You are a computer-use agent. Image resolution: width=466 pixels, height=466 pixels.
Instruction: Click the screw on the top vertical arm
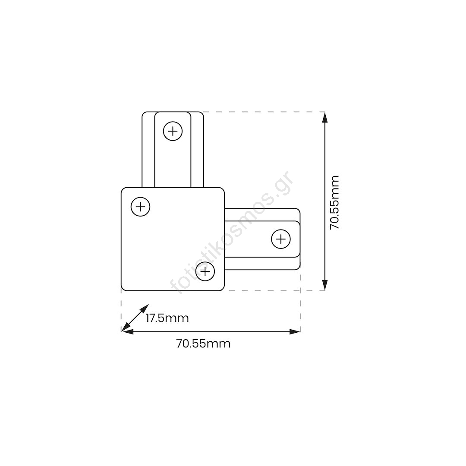[173, 131]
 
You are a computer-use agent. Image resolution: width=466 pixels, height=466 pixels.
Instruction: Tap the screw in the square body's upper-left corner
[140, 207]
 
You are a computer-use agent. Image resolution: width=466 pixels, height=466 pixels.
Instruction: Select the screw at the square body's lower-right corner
[205, 271]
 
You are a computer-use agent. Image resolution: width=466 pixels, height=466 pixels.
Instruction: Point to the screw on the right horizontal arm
[281, 239]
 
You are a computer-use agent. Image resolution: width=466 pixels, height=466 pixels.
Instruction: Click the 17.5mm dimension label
[167, 318]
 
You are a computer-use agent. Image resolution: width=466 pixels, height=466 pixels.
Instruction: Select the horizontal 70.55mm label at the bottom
[204, 344]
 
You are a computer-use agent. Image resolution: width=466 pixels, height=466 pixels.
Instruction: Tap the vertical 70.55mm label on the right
[335, 202]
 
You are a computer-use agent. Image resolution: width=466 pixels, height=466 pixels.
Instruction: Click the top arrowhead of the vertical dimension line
[325, 117]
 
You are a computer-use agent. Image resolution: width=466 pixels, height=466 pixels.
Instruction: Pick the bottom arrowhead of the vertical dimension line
[325, 285]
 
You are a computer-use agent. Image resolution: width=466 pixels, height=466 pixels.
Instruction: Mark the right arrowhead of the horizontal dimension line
[295, 332]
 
